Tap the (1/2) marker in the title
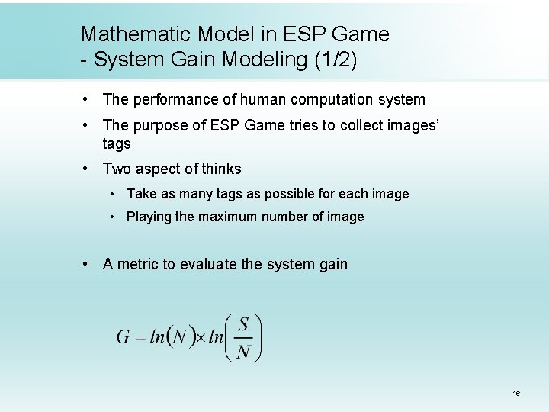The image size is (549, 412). tap(334, 60)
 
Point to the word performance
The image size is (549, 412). tap(178, 99)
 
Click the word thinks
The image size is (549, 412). tap(221, 169)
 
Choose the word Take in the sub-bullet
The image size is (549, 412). tap(140, 194)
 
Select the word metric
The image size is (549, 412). tap(137, 264)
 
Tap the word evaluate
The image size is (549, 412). tap(208, 264)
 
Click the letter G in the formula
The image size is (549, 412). tap(123, 337)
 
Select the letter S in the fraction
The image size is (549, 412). tap(243, 324)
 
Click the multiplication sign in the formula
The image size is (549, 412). tap(200, 337)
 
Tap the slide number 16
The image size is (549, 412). tap(516, 394)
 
